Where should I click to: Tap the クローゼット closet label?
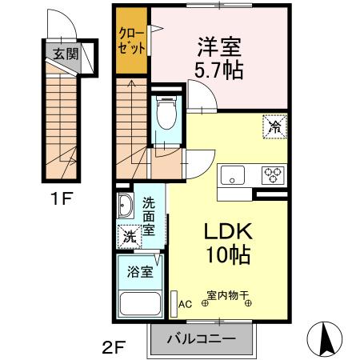131,41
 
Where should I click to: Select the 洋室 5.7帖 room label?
219,58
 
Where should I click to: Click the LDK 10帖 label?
228,242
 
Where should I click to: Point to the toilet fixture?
166,113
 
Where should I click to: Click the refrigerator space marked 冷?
275,126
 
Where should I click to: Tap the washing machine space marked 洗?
130,237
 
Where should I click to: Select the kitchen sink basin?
233,175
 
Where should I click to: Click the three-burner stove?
273,175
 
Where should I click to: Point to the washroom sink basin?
126,206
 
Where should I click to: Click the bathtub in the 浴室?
140,304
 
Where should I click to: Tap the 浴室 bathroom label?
140,272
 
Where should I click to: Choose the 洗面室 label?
149,216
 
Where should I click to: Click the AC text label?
185,304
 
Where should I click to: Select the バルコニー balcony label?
202,339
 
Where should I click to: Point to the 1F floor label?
62,198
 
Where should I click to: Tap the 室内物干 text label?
228,295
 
